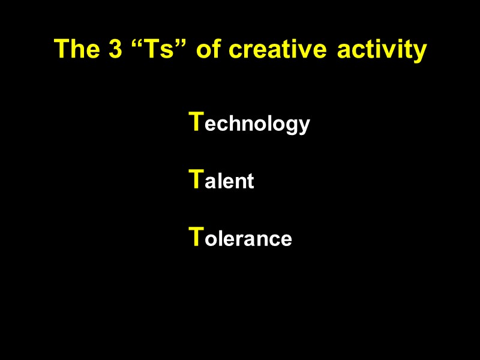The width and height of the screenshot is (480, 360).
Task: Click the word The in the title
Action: [76, 49]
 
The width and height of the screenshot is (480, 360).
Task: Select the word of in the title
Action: [209, 49]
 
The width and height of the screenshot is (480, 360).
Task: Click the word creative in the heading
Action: [280, 49]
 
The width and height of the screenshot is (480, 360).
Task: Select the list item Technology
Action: [249, 123]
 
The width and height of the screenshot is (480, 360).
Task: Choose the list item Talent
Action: [221, 180]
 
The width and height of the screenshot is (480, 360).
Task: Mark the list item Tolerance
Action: [240, 238]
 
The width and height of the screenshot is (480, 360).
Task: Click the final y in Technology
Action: [305, 127]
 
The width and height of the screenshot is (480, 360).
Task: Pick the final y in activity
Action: [420, 52]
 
